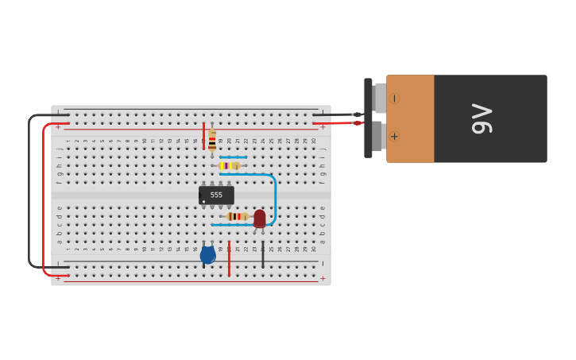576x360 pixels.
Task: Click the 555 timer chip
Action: pyautogui.click(x=216, y=195)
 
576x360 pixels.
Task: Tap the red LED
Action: pyautogui.click(x=260, y=218)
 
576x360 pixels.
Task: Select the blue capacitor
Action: pyautogui.click(x=207, y=255)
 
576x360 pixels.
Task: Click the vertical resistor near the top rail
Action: pyautogui.click(x=212, y=141)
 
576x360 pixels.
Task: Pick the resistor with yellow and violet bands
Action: pyautogui.click(x=230, y=165)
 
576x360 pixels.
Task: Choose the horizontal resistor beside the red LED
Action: pyautogui.click(x=237, y=216)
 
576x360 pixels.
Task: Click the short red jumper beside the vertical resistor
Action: pyautogui.click(x=203, y=136)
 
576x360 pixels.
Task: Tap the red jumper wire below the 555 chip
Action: pyautogui.click(x=229, y=258)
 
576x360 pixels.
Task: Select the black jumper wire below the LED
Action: pyautogui.click(x=263, y=254)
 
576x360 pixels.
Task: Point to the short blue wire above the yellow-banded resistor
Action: pyautogui.click(x=233, y=157)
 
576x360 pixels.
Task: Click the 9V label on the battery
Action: pyautogui.click(x=482, y=119)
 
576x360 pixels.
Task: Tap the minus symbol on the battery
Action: pyautogui.click(x=394, y=99)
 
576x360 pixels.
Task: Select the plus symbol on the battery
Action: pyautogui.click(x=394, y=137)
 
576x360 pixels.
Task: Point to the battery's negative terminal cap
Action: pyautogui.click(x=380, y=99)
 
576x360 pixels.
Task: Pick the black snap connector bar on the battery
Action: pyautogui.click(x=368, y=118)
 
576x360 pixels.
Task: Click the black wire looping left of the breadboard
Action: pyautogui.click(x=29, y=191)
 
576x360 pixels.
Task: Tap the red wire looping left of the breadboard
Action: pyautogui.click(x=44, y=199)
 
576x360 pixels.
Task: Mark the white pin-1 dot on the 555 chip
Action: pyautogui.click(x=203, y=202)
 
